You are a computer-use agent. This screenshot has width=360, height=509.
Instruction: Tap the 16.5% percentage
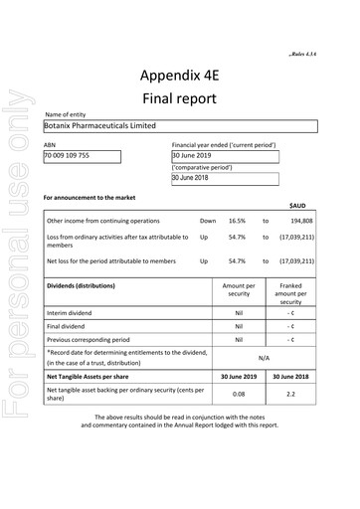(x=237, y=221)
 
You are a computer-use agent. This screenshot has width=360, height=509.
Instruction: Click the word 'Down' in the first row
(x=207, y=221)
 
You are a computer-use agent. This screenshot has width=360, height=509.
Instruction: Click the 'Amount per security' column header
(x=239, y=290)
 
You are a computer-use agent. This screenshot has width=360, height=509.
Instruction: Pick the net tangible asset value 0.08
(x=239, y=395)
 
